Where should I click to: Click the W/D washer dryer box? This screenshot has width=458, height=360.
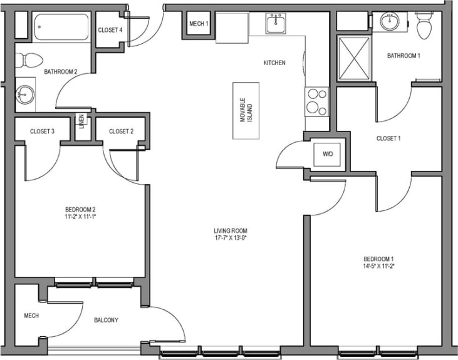tap(328, 153)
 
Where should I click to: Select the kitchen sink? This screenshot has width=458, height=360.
tap(276, 24)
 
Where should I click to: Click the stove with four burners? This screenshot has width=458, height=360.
tap(316, 101)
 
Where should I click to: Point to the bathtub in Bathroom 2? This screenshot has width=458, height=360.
tap(63, 27)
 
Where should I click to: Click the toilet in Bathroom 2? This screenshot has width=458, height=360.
tap(28, 60)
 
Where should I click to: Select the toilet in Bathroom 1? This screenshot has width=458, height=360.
tap(425, 26)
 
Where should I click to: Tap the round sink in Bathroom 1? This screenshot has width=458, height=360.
tap(390, 22)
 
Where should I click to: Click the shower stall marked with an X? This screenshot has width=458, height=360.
tap(353, 58)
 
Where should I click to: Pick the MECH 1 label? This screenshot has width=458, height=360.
tap(199, 24)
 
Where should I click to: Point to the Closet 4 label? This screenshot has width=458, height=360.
tap(110, 30)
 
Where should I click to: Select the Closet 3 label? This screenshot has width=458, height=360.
tap(43, 131)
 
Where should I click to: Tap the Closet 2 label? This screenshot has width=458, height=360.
tap(122, 131)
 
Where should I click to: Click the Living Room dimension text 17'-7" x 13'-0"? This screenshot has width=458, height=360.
tap(230, 237)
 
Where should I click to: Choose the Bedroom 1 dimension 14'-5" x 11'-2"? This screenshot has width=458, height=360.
tap(378, 265)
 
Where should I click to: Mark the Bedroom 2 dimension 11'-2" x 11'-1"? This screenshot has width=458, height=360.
tap(80, 217)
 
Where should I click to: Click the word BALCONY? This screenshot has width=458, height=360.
tap(107, 320)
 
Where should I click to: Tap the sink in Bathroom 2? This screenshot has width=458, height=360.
tap(24, 96)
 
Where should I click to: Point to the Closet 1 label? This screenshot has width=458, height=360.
tap(388, 138)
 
